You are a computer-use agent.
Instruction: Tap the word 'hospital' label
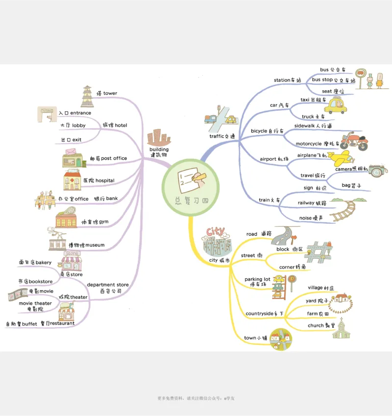tap(105, 181)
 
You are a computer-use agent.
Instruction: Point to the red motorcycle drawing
tap(352, 141)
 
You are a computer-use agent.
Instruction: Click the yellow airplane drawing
tap(339, 158)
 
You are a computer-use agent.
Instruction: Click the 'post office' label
tap(114, 158)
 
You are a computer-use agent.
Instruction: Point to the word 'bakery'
tap(43, 263)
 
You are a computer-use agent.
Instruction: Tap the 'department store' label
tap(108, 285)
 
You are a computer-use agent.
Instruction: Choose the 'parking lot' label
tap(257, 279)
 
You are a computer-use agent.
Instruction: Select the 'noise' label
tap(305, 218)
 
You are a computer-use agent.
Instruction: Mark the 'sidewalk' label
tap(307, 126)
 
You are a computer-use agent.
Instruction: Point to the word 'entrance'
tap(81, 113)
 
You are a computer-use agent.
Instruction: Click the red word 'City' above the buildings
tap(216, 231)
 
